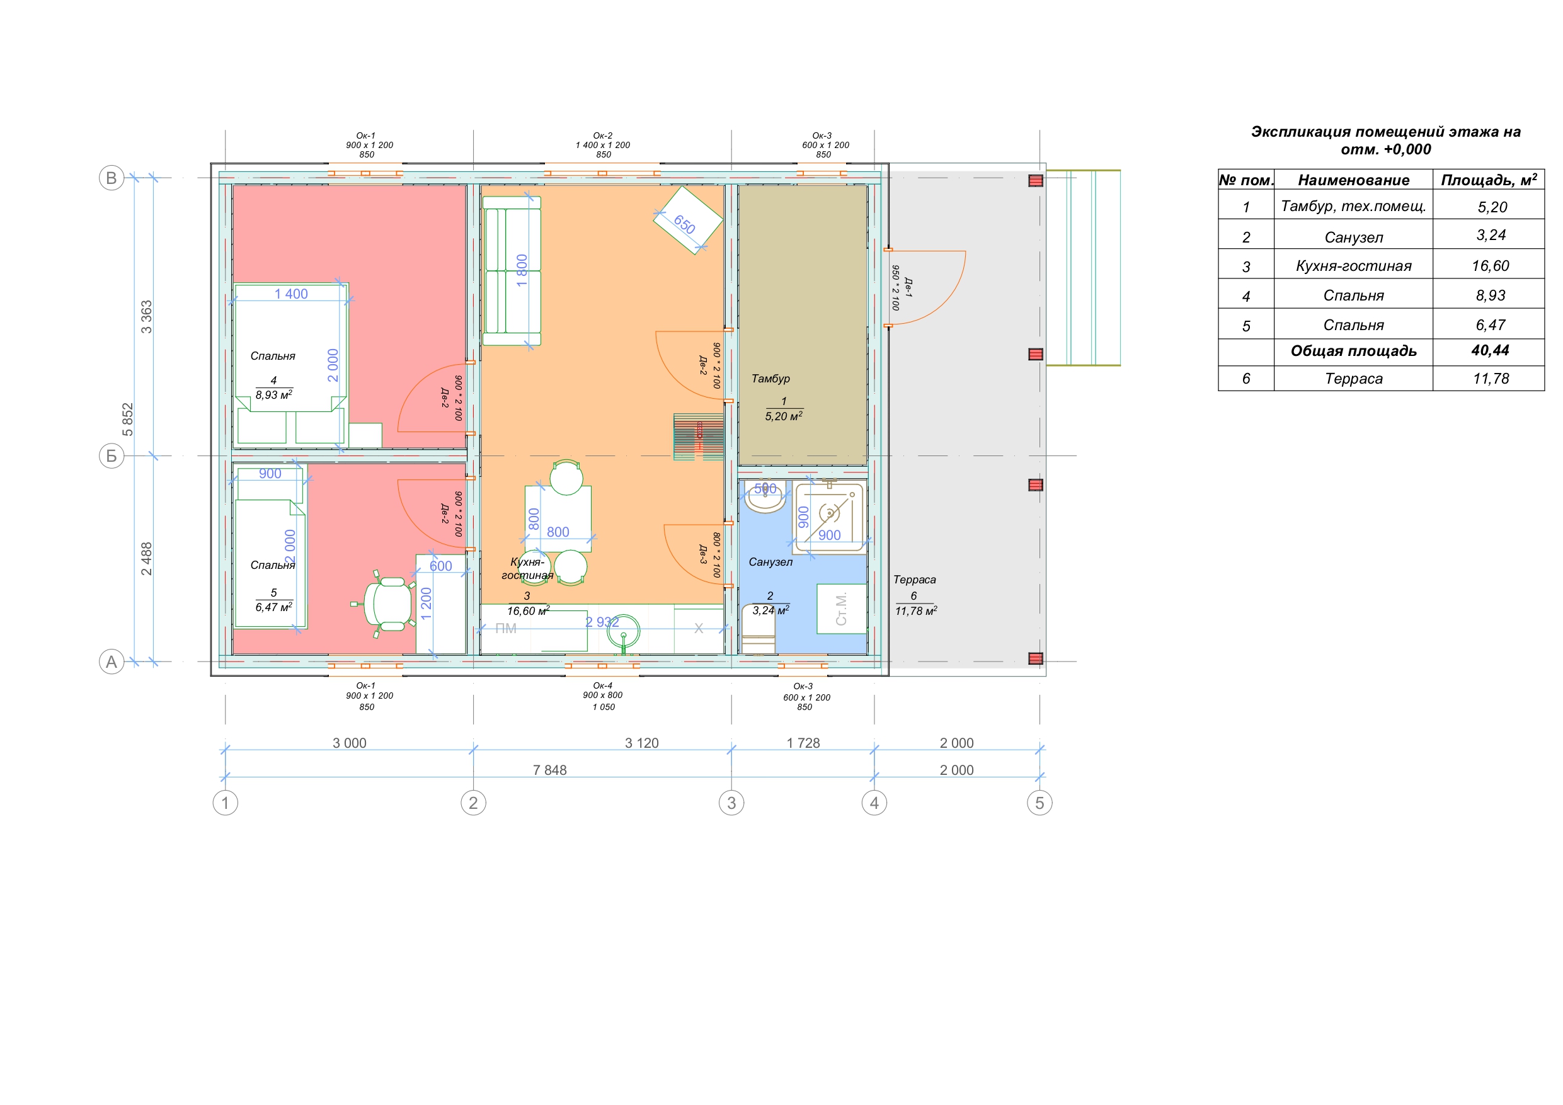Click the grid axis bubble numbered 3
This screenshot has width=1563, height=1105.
[x=731, y=803]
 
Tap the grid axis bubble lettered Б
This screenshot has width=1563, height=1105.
[x=112, y=456]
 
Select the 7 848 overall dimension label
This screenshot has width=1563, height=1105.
[x=549, y=770]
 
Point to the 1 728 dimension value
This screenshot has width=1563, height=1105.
[x=803, y=743]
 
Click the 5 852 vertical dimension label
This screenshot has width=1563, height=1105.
[x=127, y=420]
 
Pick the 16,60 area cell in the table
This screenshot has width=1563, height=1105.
[x=1490, y=265]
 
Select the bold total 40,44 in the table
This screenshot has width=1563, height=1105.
[x=1490, y=351]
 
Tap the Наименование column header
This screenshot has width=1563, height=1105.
[x=1353, y=180]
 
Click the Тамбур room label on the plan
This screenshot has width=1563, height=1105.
[x=770, y=379]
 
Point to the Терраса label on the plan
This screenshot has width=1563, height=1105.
[x=914, y=580]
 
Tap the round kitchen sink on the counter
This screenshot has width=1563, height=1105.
[x=623, y=633]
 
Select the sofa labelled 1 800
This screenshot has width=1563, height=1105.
[x=512, y=271]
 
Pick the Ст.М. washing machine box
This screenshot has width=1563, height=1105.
[x=842, y=609]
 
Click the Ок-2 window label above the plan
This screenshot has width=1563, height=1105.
[x=602, y=135]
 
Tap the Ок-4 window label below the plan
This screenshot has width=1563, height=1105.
[x=602, y=685]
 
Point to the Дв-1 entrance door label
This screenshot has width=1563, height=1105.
[x=908, y=287]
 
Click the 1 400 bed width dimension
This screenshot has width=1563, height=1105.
[x=291, y=294]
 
